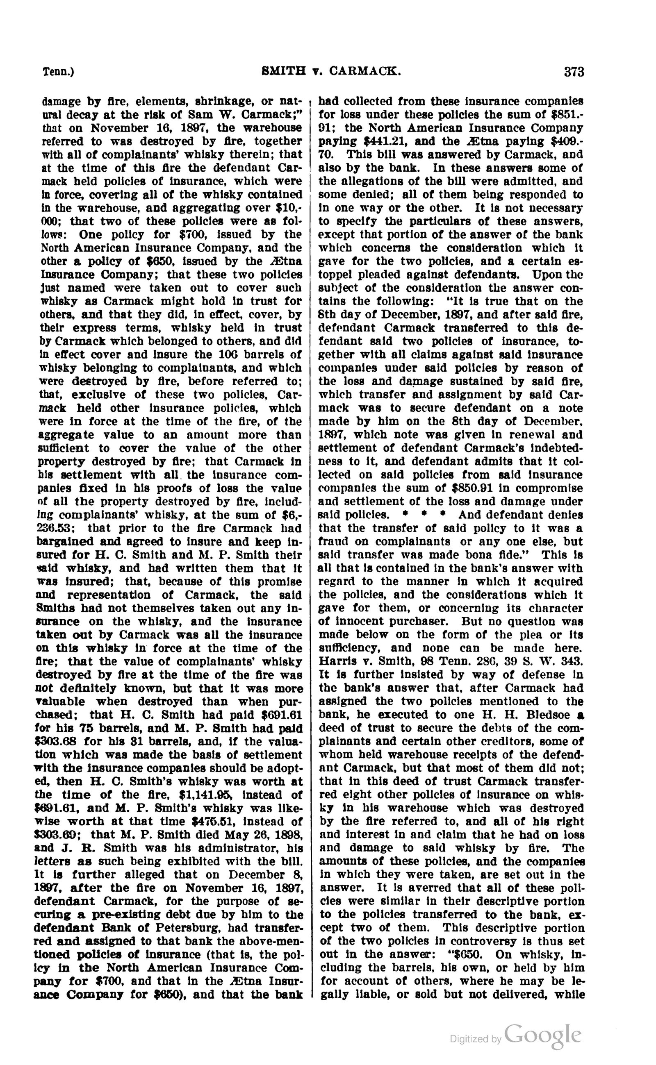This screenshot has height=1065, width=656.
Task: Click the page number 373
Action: click(574, 72)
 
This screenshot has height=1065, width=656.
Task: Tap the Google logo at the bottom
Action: click(543, 1035)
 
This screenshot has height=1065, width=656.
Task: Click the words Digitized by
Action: click(476, 1038)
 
